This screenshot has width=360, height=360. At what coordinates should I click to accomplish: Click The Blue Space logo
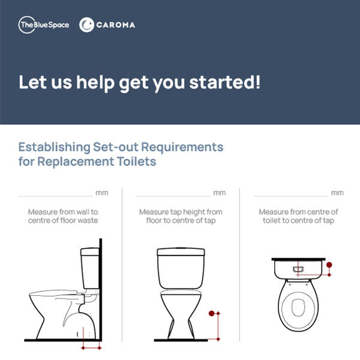(x=44, y=25)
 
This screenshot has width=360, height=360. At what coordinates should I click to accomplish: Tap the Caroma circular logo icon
(x=86, y=25)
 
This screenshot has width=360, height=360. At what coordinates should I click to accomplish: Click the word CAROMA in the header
(x=116, y=25)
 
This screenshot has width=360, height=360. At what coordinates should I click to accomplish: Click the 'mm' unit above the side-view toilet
(x=101, y=193)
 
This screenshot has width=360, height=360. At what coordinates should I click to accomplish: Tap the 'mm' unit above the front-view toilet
(x=219, y=193)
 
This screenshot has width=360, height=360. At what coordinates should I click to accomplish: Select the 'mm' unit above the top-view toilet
(x=337, y=193)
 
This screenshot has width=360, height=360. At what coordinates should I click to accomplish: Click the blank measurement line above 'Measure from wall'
(x=55, y=196)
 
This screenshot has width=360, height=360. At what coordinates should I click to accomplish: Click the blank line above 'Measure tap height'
(x=173, y=196)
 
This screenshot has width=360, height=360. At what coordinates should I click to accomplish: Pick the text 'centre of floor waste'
(x=63, y=221)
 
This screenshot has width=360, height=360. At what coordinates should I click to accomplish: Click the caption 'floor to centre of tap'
(x=181, y=221)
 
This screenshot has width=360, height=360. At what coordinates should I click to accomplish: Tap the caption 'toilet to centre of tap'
(x=298, y=221)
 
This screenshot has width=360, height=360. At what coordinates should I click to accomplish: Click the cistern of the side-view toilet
(x=91, y=267)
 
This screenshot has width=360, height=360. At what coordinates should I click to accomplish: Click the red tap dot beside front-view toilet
(x=211, y=313)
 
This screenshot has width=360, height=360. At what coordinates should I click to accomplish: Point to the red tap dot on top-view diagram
(x=329, y=264)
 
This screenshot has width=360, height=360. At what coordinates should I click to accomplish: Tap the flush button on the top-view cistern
(x=298, y=269)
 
